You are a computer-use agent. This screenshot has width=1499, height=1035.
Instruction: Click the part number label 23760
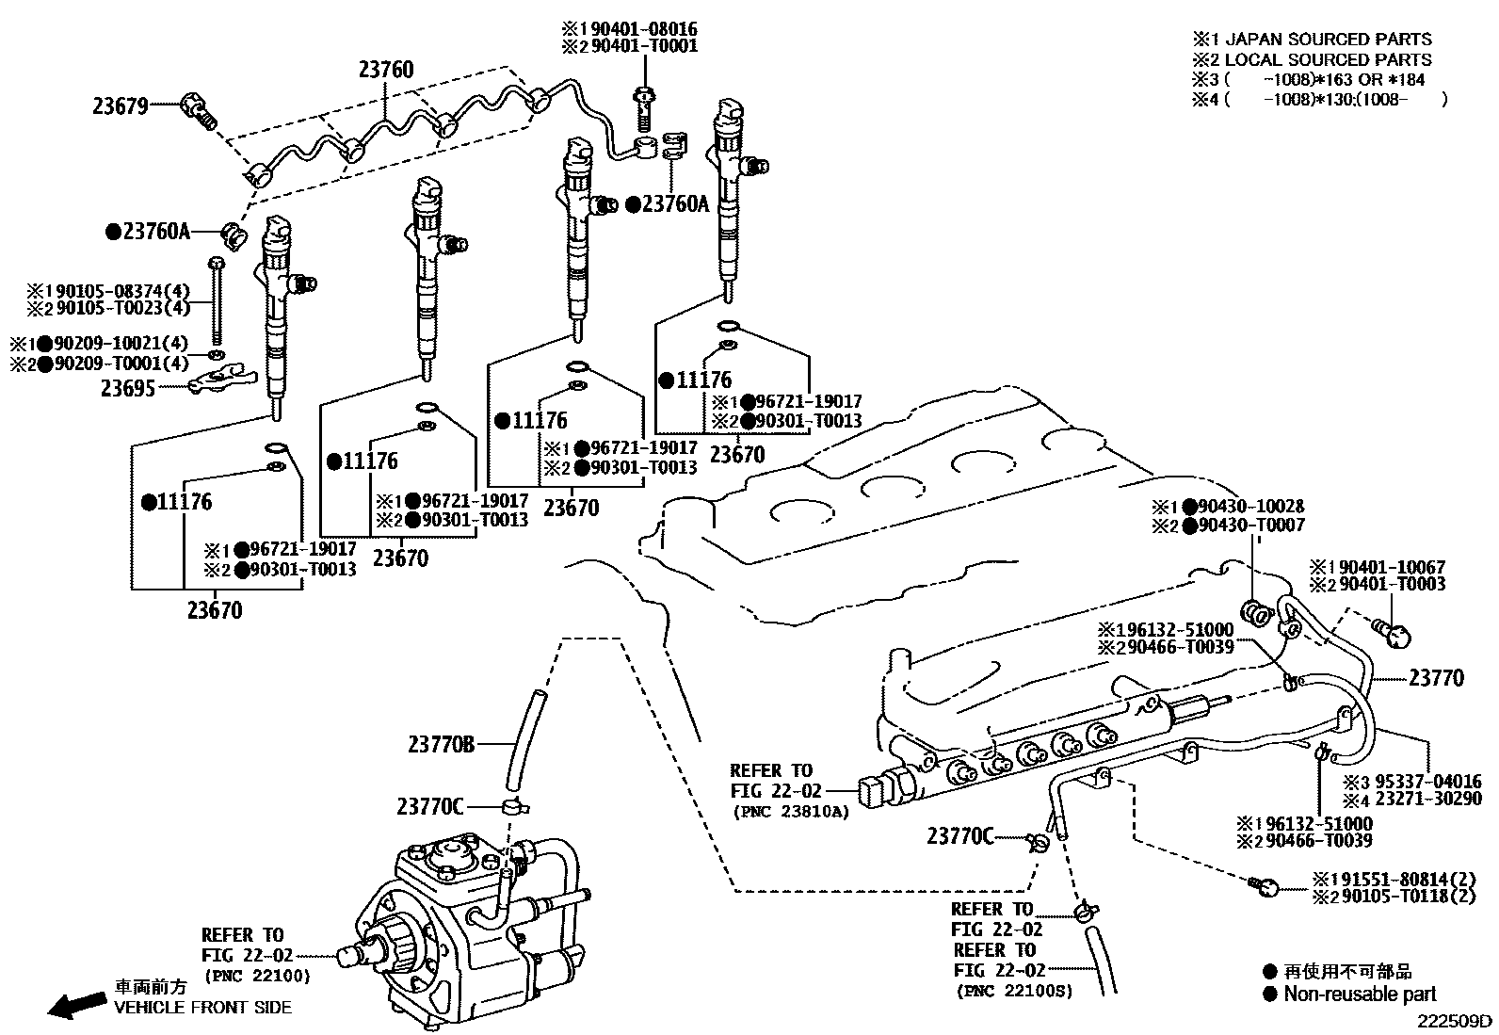click(x=386, y=70)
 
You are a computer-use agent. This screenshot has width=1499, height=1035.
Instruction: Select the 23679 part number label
click(x=121, y=106)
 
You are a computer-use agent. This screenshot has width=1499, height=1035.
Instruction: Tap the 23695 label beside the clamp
click(x=129, y=387)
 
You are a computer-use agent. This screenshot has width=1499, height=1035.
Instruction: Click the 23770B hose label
click(x=441, y=745)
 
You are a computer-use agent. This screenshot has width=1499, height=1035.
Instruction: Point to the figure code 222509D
click(x=1456, y=1021)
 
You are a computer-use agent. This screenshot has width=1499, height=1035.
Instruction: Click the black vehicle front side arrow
click(x=76, y=1007)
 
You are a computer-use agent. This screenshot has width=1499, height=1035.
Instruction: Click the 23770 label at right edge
click(x=1436, y=678)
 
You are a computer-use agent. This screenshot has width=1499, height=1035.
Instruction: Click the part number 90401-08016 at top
click(x=655, y=29)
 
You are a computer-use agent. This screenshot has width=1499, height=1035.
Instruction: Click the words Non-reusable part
click(x=1360, y=994)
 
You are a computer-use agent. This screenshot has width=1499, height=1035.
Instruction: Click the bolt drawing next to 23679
click(x=199, y=108)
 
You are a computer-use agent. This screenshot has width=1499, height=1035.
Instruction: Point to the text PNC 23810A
click(x=790, y=810)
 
